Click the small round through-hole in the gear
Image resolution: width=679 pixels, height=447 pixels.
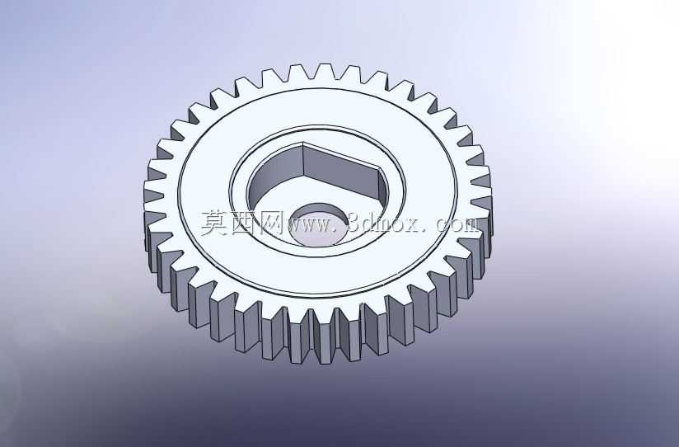[x=318, y=224]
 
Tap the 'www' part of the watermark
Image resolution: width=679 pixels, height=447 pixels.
[x=308, y=225]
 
